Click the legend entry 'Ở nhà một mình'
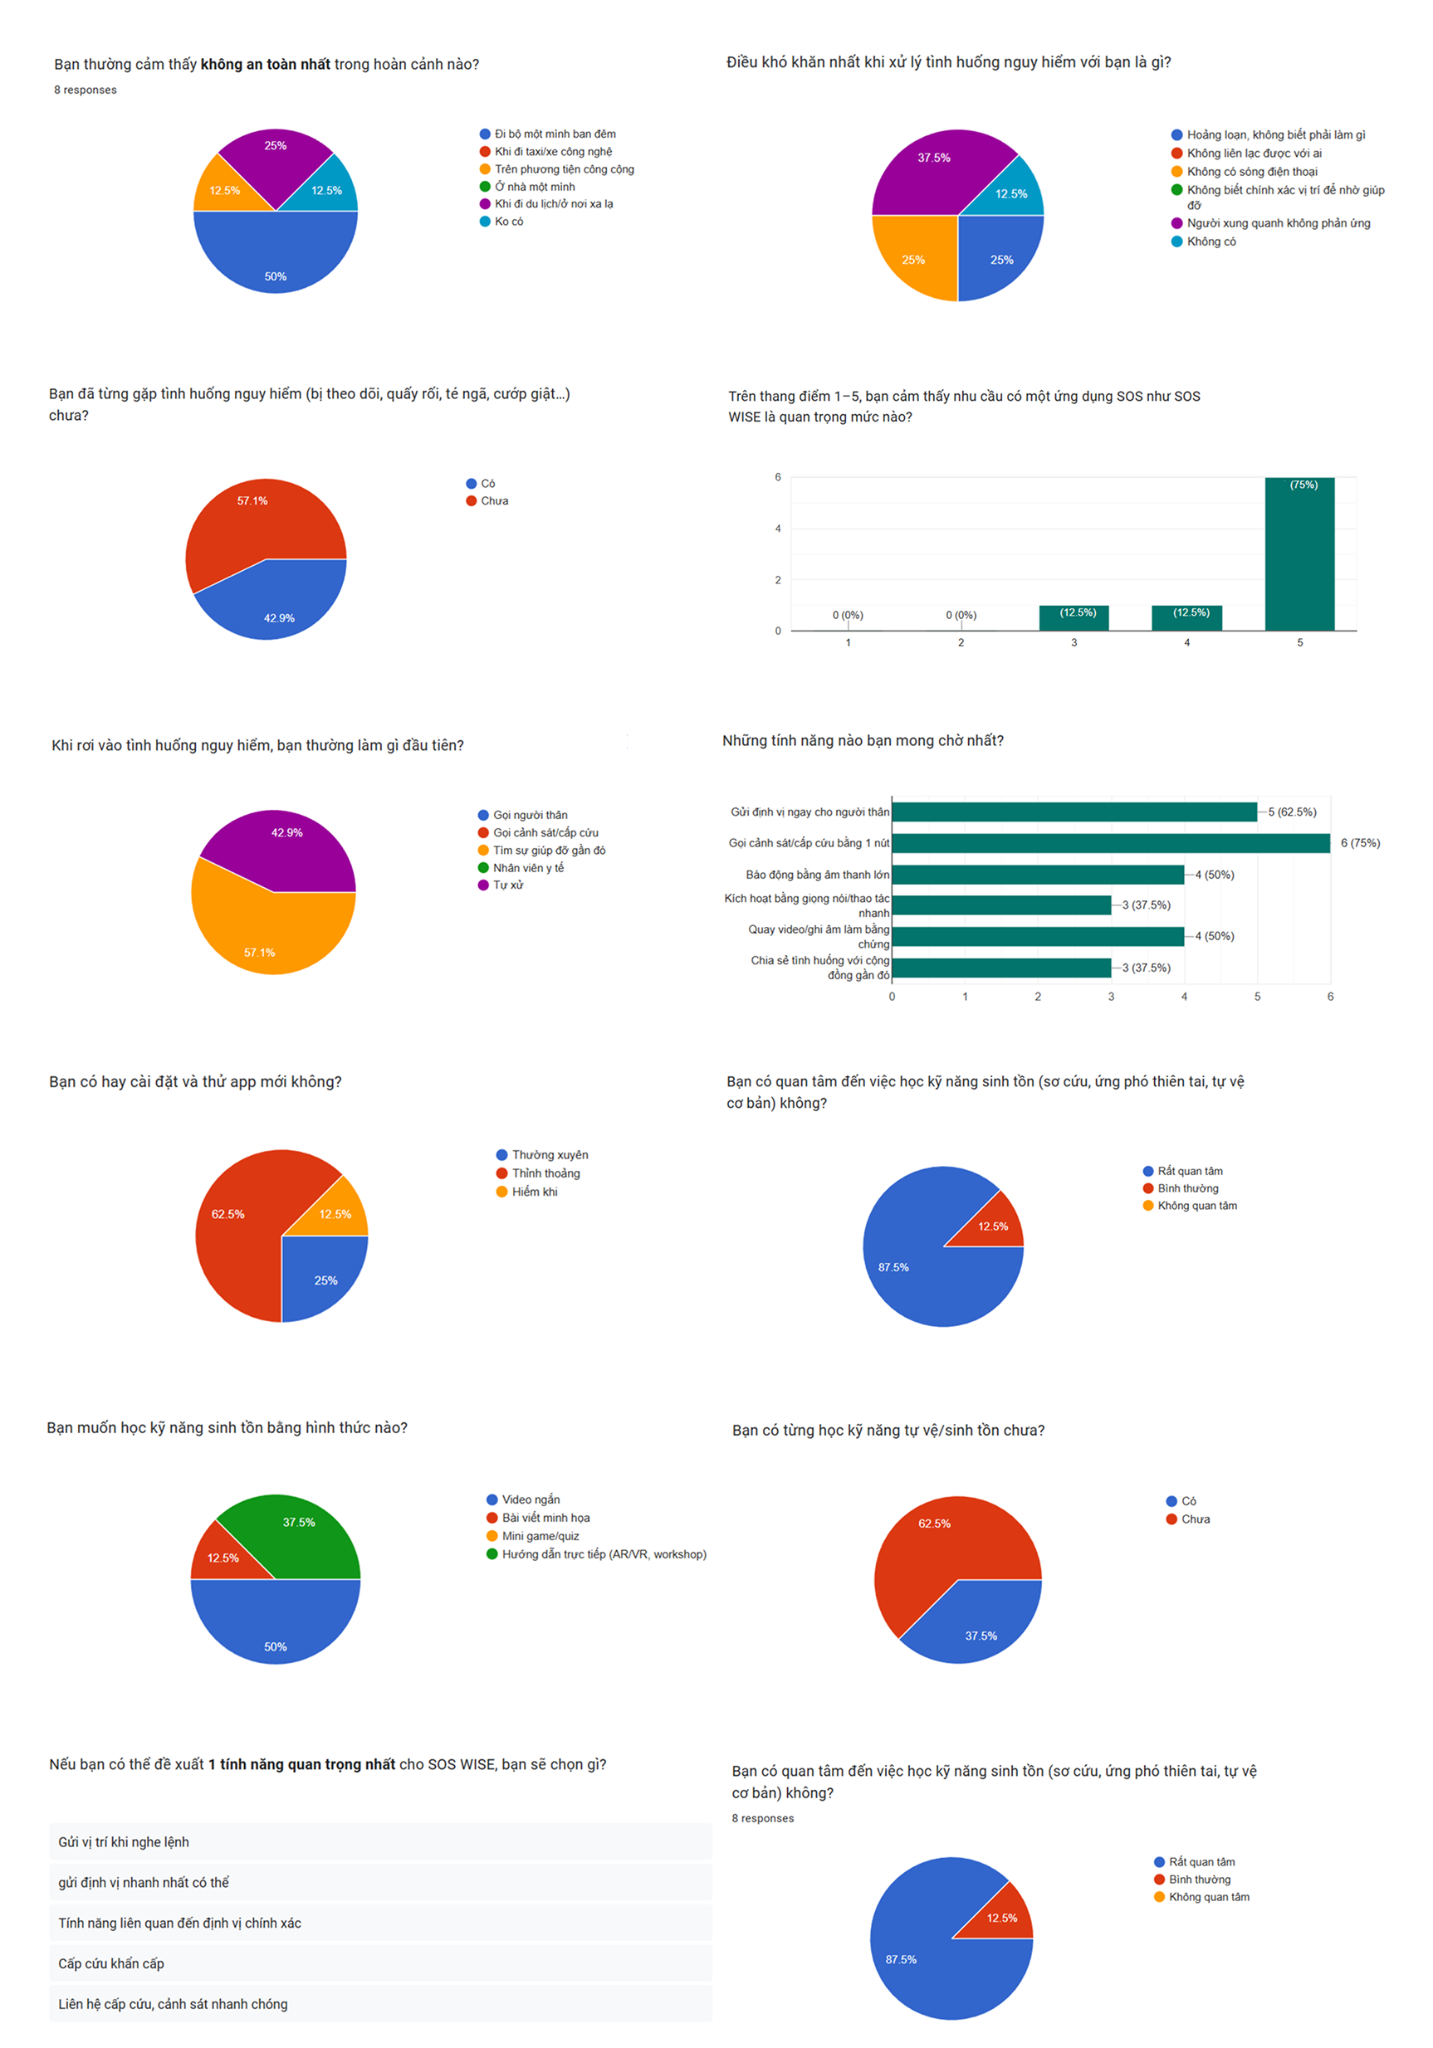[x=535, y=187]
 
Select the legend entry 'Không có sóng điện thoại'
[x=1251, y=171]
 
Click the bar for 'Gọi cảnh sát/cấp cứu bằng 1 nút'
[x=1110, y=843]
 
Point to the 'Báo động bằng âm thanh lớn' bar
[x=1038, y=874]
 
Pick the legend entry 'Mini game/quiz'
[x=540, y=1536]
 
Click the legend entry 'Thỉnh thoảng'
[x=545, y=1173]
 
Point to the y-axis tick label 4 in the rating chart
[x=778, y=529]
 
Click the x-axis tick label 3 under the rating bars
[x=1074, y=642]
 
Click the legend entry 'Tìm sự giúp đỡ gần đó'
[x=549, y=850]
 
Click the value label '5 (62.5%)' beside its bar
[x=1292, y=812]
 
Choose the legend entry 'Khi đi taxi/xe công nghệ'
[x=553, y=152]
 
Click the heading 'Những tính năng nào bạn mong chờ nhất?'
[x=862, y=740]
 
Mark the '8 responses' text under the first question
[x=85, y=90]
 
